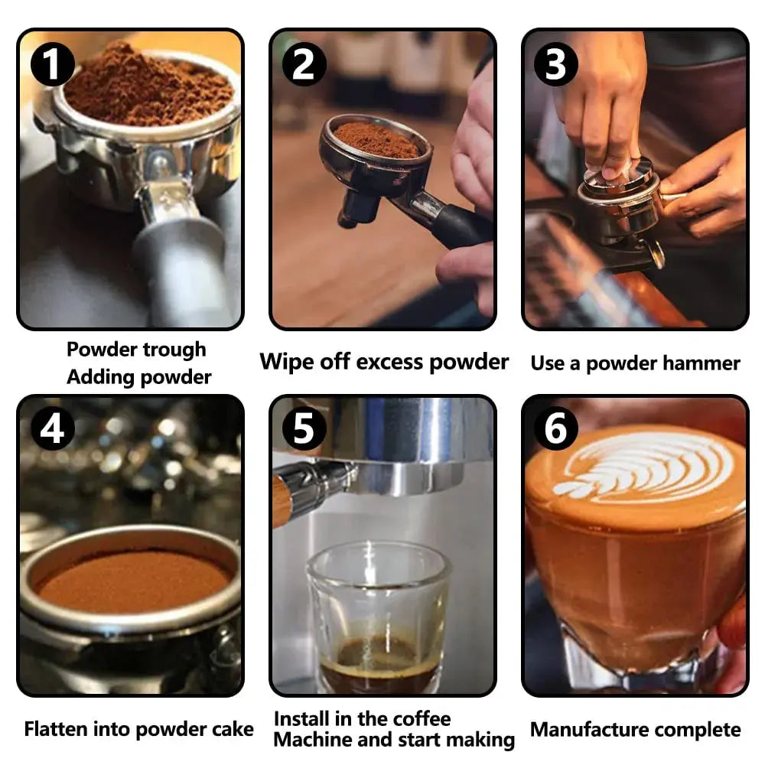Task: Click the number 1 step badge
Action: (x=52, y=64)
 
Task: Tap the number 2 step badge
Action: (x=304, y=64)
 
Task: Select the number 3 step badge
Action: (x=556, y=64)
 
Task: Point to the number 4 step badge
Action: (x=52, y=429)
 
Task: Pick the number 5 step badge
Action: (x=304, y=429)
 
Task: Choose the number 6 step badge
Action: (x=556, y=429)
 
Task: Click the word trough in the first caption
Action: (x=174, y=350)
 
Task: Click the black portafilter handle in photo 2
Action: (x=461, y=227)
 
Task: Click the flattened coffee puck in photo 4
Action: (x=132, y=581)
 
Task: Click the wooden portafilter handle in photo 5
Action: (x=282, y=503)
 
